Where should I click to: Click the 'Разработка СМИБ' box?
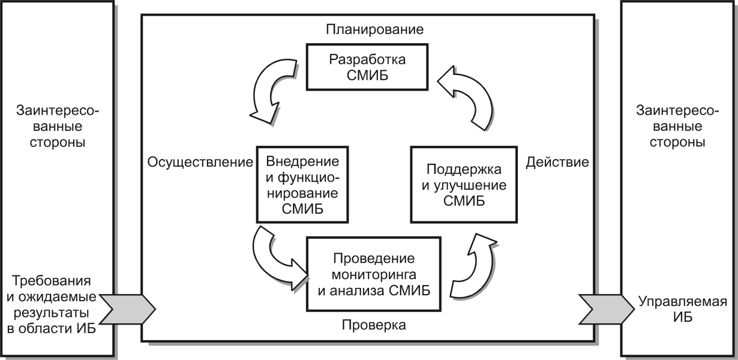(x=367, y=67)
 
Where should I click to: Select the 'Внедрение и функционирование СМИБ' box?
(x=302, y=184)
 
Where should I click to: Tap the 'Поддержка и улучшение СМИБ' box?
(x=464, y=184)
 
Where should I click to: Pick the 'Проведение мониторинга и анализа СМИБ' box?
(x=374, y=274)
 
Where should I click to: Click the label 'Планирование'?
(x=374, y=29)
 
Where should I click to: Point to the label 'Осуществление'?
(x=200, y=162)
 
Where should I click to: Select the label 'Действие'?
(x=557, y=162)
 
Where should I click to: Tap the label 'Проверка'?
(x=374, y=325)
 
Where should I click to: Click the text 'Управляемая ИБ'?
(x=683, y=309)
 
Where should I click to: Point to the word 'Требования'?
(x=52, y=281)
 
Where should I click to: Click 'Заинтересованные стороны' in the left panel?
(x=58, y=127)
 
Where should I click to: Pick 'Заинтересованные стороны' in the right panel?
(x=677, y=127)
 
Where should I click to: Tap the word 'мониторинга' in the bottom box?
(x=374, y=275)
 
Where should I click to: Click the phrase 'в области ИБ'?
(x=52, y=329)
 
